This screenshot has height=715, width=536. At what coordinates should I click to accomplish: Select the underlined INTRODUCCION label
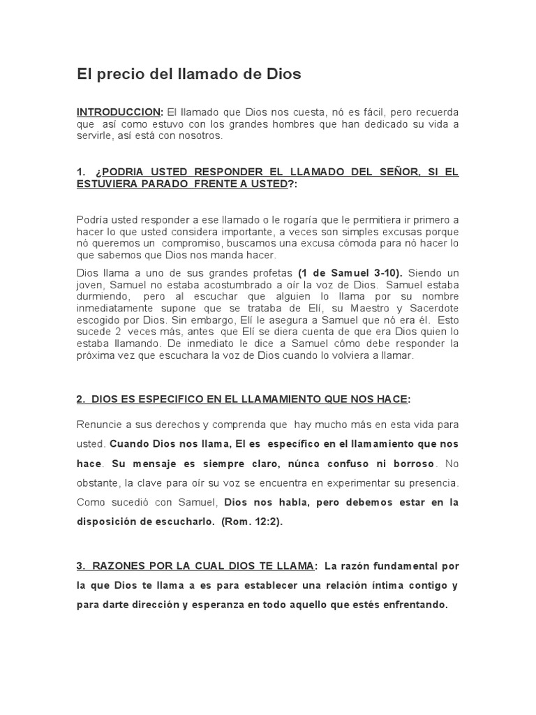tap(119, 112)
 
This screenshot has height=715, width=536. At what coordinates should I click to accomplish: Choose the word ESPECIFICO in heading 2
tap(165, 399)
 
